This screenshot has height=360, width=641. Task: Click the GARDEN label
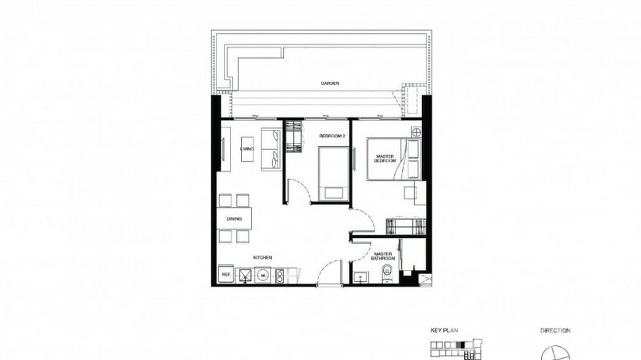[330, 83]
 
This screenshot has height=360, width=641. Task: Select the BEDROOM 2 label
[331, 136]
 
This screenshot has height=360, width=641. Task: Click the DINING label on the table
[234, 219]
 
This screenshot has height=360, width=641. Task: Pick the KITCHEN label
[262, 258]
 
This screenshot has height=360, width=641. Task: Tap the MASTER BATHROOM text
[383, 256]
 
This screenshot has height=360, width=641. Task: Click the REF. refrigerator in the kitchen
[224, 275]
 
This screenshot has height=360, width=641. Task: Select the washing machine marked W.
[262, 275]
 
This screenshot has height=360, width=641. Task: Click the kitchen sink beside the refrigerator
[245, 275]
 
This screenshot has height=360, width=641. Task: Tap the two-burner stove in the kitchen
[279, 275]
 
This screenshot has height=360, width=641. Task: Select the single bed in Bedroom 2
[333, 173]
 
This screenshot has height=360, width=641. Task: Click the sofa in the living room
[271, 148]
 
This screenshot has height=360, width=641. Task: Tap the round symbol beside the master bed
[416, 132]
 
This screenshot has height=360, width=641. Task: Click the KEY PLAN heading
[444, 330]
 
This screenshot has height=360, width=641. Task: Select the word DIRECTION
[555, 330]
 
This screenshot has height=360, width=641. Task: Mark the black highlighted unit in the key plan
[460, 344]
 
